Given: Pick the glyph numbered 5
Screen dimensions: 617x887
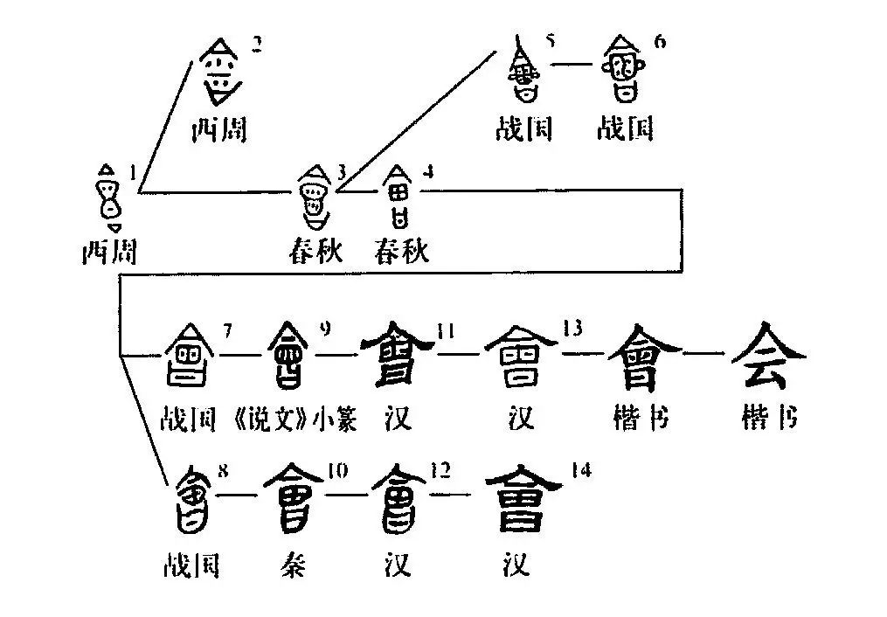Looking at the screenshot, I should point(524,73).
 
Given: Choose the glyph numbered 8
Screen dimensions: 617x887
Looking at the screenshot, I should point(191,498).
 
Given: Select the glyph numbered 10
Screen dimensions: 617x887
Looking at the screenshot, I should point(298,498).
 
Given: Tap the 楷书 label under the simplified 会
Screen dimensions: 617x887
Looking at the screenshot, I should point(768,419).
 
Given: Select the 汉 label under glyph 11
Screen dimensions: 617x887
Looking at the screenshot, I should point(397,420).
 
